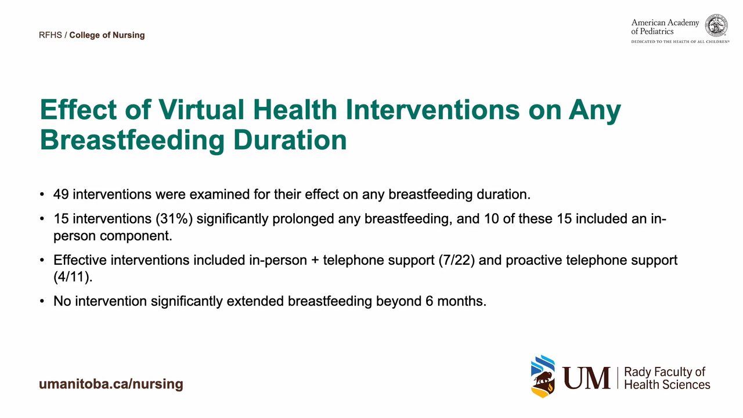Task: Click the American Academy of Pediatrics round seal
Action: coord(716,25)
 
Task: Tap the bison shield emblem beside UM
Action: coord(543,376)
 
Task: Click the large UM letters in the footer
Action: coord(586,378)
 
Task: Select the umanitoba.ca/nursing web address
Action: coord(111,384)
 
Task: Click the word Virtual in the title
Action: coord(201,109)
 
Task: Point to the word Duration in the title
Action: coord(290,140)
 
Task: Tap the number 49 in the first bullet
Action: coord(61,194)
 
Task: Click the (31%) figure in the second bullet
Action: coord(174,219)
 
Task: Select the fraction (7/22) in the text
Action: coord(456,260)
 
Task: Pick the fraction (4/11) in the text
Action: coord(73,277)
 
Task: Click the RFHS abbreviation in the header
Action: coord(51,35)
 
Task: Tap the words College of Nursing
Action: coord(107,35)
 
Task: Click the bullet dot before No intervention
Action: coord(42,301)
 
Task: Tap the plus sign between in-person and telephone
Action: coord(315,261)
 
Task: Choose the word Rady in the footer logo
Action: coord(637,373)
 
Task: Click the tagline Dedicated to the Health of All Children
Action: coord(680,42)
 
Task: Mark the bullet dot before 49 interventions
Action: coord(42,194)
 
